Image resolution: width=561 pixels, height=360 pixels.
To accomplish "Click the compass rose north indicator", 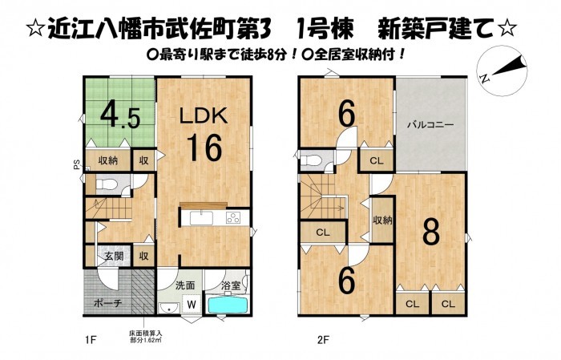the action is click(502, 71).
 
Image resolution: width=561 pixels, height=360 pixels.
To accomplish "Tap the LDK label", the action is click(204, 116).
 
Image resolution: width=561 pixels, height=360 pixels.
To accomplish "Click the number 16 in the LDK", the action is click(204, 147).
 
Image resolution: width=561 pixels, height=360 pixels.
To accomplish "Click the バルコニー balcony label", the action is click(431, 125).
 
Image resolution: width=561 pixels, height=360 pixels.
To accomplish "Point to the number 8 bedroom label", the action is click(431, 233).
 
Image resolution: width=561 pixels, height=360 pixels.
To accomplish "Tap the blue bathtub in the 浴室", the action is click(228, 305).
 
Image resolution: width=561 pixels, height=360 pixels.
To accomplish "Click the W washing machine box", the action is click(192, 305).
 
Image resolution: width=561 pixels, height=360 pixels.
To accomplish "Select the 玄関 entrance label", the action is click(114, 257).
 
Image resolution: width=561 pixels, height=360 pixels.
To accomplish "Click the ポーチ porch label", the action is click(107, 303).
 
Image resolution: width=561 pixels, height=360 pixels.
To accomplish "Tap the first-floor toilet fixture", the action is click(105, 184).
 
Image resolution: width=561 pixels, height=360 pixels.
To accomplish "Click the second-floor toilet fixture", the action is click(310, 160).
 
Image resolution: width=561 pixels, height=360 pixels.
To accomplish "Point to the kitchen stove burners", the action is click(233, 218).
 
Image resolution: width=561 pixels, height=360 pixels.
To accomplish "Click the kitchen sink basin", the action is click(201, 218).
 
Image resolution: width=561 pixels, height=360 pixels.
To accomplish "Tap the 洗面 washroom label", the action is click(185, 285).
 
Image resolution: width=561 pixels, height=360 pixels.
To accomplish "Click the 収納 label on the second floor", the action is click(382, 220).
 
